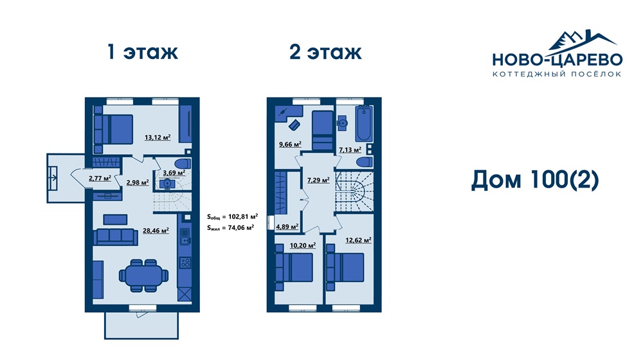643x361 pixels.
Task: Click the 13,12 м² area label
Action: point(158,137)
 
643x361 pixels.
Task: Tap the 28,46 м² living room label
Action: point(156,231)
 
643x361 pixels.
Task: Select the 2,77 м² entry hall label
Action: point(100,178)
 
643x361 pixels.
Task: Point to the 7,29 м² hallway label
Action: point(319,180)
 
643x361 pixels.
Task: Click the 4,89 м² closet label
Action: point(287,227)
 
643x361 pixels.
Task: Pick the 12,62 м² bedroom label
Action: point(358,240)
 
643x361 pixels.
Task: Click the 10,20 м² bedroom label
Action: point(303,246)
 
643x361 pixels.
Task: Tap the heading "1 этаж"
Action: point(142,52)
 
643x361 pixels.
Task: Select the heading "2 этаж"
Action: point(325,52)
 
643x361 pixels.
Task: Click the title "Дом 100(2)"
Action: point(535,180)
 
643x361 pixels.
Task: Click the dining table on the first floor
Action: point(143,276)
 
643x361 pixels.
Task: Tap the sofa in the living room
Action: point(115,237)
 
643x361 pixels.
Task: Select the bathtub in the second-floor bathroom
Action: point(364,124)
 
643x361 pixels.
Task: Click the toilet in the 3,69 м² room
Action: point(183,163)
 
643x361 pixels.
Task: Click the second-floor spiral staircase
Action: point(354,192)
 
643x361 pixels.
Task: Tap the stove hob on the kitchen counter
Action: point(185,262)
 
